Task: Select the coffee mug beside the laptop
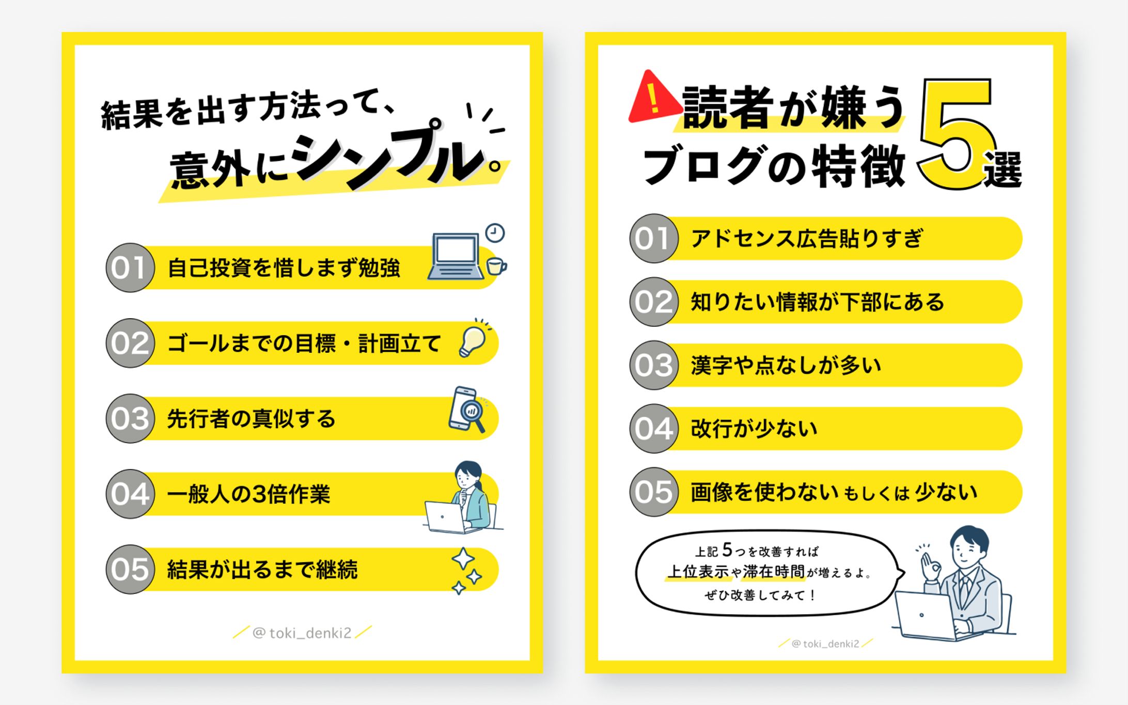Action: click(x=496, y=267)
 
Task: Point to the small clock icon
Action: click(x=495, y=233)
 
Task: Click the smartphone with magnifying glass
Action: click(x=466, y=410)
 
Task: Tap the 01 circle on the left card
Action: click(x=130, y=268)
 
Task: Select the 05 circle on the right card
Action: click(x=653, y=492)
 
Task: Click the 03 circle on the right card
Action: click(x=653, y=365)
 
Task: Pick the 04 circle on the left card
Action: click(x=130, y=494)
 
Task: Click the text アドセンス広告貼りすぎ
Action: click(x=806, y=239)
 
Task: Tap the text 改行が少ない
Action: click(x=754, y=429)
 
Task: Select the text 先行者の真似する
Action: click(x=251, y=418)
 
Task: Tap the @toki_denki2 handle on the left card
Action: click(x=302, y=633)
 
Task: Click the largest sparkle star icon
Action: click(x=463, y=559)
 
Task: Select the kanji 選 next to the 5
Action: click(x=1002, y=169)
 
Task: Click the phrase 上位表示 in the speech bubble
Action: click(x=698, y=572)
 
